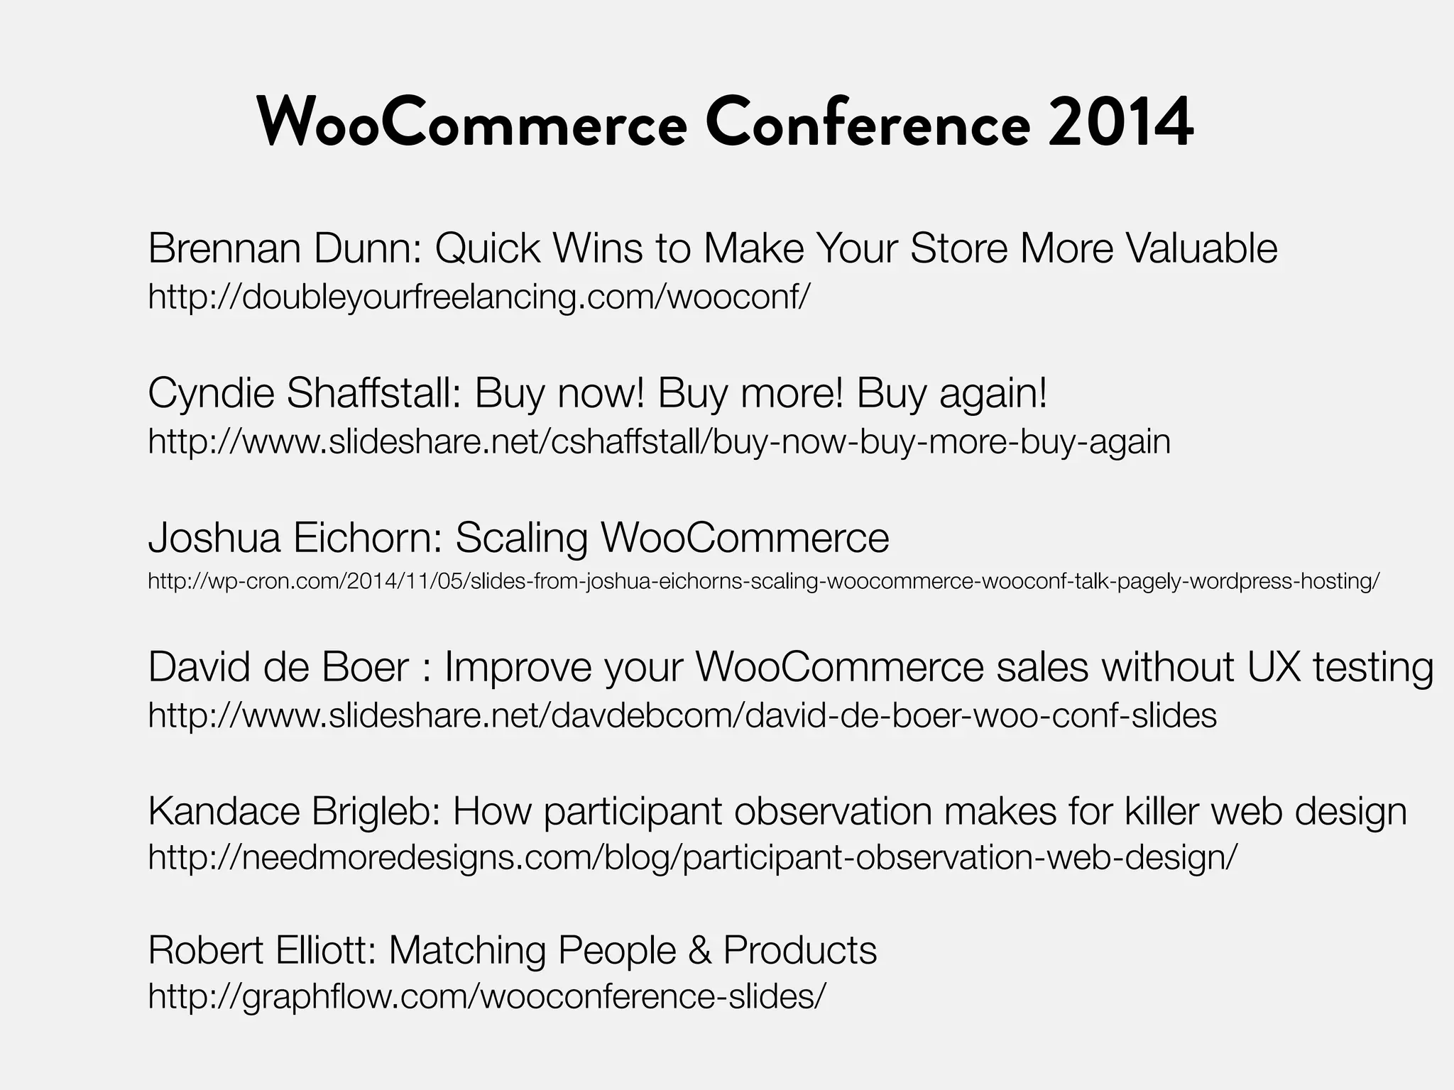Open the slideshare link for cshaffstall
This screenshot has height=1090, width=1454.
click(x=659, y=441)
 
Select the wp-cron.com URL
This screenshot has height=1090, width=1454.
click(x=763, y=582)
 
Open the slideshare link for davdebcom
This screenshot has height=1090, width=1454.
click(x=682, y=715)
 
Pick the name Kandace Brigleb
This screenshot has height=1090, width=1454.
click(x=294, y=811)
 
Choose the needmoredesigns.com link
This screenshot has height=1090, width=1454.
click(x=692, y=857)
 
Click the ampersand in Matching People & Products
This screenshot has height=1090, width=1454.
click(x=699, y=950)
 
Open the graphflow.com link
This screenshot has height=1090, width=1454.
click(x=487, y=996)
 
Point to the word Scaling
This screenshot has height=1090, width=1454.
click(x=521, y=537)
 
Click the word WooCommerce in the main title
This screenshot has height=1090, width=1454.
click(x=472, y=123)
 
